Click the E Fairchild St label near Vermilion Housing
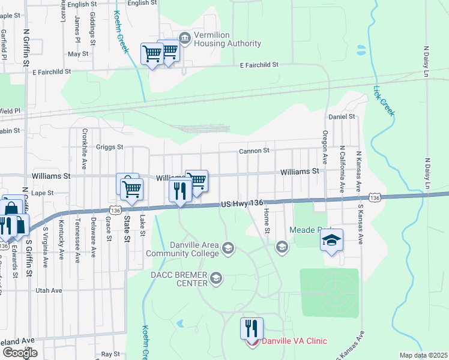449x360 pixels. [259, 64]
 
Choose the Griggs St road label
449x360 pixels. [110, 146]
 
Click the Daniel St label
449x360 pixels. [342, 116]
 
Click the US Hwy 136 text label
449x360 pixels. [243, 204]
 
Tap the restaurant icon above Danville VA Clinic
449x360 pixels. [252, 328]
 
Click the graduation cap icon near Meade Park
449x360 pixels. [331, 240]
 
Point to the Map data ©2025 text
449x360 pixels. [423, 355]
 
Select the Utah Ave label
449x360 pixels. [49, 290]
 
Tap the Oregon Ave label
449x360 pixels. [325, 147]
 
